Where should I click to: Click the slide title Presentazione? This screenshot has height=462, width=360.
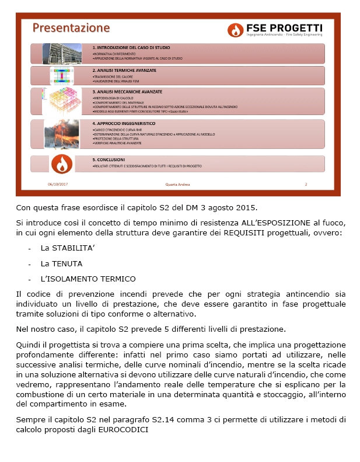[x=71, y=27]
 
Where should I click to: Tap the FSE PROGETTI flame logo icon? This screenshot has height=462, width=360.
[x=235, y=30]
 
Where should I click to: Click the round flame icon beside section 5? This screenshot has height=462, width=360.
[x=61, y=164]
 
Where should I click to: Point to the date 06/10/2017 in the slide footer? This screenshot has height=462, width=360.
[x=57, y=185]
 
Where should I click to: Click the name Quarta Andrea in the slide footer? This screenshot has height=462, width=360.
[x=178, y=185]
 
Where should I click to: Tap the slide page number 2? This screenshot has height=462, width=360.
[x=306, y=185]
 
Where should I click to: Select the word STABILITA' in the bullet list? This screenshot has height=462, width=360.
[x=64, y=248]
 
